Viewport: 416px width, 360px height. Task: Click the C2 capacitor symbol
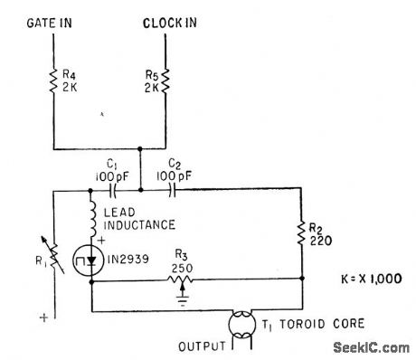(164, 191)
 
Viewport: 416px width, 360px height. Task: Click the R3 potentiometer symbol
(186, 280)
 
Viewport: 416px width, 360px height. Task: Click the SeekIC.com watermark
(370, 347)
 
